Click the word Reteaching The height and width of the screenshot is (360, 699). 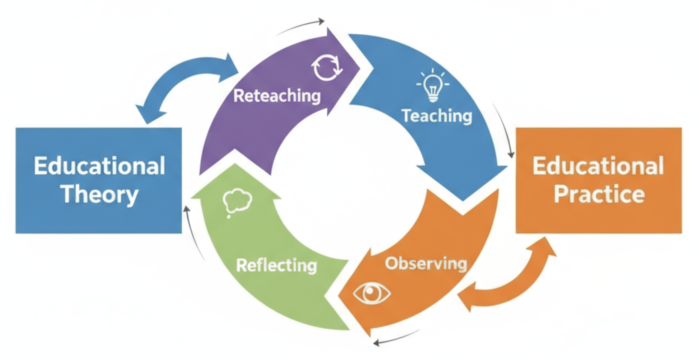[x=277, y=96]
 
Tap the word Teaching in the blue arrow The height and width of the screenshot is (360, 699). [x=437, y=116]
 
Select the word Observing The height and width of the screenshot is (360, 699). [x=426, y=264]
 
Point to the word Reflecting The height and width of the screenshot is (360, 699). [x=276, y=266]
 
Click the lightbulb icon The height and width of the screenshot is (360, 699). [x=433, y=85]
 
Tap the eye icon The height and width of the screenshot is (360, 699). [x=372, y=293]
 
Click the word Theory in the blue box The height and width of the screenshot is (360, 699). [x=100, y=195]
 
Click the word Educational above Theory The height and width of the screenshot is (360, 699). [x=100, y=166]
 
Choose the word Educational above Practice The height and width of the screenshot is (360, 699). [x=598, y=166]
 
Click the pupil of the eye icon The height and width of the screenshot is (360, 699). [x=372, y=293]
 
